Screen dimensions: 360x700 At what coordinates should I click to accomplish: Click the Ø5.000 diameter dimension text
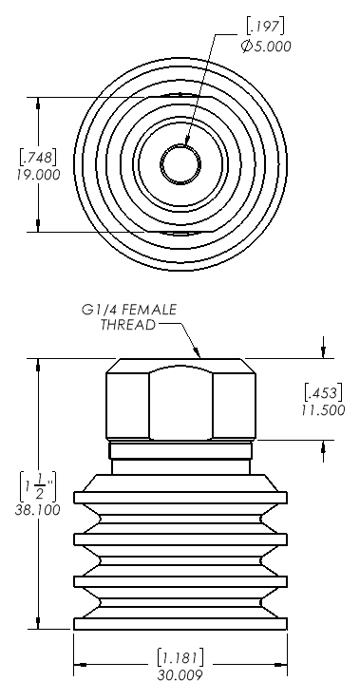[x=266, y=46]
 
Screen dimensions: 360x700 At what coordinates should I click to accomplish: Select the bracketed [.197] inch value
[x=265, y=27]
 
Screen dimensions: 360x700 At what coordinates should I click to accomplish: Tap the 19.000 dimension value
[x=38, y=175]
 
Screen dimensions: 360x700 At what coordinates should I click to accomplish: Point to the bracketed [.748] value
[x=37, y=157]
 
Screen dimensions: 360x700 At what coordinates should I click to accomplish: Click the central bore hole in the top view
[x=180, y=163]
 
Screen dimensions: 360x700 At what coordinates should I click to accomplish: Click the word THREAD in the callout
[x=128, y=325]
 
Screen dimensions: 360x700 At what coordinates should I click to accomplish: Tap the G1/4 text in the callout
[x=100, y=310]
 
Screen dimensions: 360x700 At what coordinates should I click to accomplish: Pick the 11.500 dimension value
[x=323, y=409]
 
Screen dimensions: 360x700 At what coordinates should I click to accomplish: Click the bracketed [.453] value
[x=323, y=392]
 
